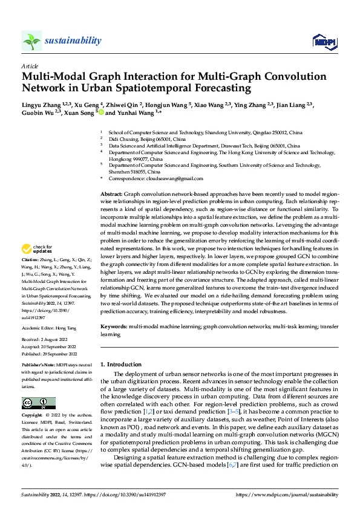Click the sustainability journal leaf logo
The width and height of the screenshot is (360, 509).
pos(32,41)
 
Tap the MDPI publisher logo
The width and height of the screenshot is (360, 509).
pos(324,41)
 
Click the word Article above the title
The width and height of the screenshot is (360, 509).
pos(30,66)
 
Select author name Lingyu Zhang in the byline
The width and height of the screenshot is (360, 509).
pos(41,104)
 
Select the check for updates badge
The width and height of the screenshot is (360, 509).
pos(38,249)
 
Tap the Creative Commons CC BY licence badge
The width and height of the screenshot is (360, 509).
pos(38,403)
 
